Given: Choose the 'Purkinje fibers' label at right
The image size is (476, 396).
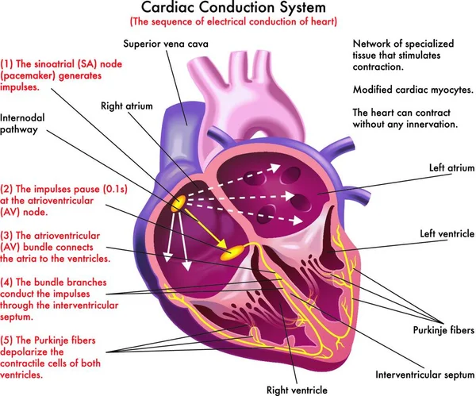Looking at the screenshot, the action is click(443, 329).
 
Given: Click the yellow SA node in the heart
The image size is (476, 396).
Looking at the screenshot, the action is click(181, 204).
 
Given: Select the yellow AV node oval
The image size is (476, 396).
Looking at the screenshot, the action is click(236, 252).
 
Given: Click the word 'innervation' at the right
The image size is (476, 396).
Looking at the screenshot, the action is click(434, 125).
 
